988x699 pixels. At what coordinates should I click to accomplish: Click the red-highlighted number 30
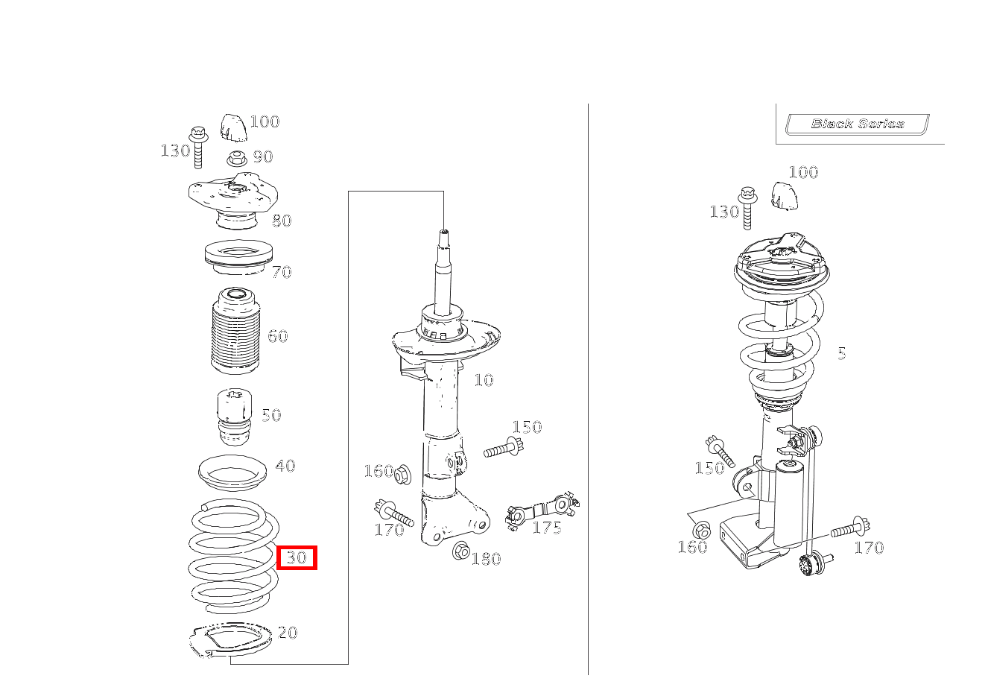(297, 557)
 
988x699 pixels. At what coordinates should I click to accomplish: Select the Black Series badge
(857, 124)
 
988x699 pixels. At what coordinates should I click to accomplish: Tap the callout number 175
(547, 528)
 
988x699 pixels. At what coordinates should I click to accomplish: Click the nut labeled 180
(460, 551)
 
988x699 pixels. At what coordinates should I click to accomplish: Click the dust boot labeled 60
(235, 332)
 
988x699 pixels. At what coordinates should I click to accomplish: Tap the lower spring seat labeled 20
(227, 642)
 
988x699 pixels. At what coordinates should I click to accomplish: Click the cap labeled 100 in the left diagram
(233, 127)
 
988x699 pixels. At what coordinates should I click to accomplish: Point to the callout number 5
(841, 354)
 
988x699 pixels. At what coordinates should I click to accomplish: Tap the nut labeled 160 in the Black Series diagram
(701, 530)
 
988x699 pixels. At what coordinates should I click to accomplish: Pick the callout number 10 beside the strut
(484, 381)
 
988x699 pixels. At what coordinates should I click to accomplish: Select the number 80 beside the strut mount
(282, 221)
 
